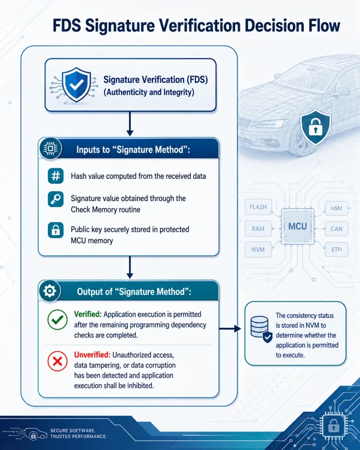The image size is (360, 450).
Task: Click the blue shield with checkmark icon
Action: point(77,84)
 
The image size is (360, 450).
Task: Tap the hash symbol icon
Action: point(56,176)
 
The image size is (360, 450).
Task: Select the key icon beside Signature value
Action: point(56,199)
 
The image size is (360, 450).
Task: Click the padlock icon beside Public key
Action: point(56,230)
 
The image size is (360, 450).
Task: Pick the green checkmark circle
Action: point(57,320)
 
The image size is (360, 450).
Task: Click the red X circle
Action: point(57,361)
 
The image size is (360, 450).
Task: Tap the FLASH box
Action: point(258,207)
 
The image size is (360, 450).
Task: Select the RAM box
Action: point(258,229)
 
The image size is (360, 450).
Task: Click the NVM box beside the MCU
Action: point(258,250)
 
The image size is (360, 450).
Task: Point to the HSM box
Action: point(336,208)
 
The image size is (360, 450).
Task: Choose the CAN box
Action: point(336,229)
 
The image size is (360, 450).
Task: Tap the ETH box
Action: point(336,250)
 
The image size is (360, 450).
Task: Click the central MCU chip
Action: point(297,226)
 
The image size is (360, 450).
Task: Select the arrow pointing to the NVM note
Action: point(230,329)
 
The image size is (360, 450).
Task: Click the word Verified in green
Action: point(88,314)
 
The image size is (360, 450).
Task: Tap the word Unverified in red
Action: point(92,355)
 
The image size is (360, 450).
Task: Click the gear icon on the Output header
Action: point(50,291)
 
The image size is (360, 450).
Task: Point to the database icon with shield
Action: point(261,329)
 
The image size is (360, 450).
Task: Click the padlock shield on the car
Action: point(316,127)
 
